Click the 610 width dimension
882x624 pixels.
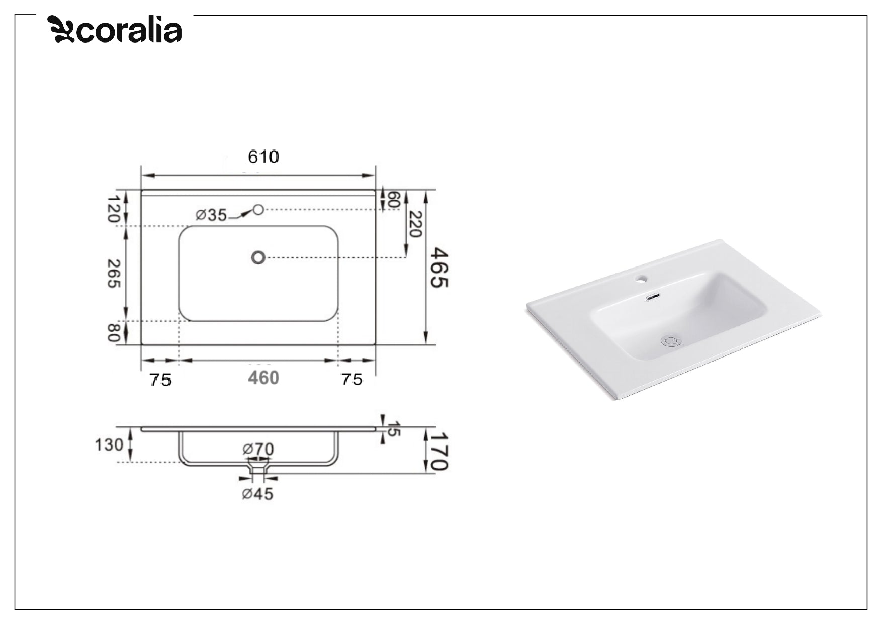(x=263, y=157)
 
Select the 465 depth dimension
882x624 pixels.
(x=438, y=267)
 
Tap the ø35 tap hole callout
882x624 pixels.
(x=212, y=215)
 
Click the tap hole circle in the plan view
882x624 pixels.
(x=258, y=209)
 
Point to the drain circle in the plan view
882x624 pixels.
(x=258, y=257)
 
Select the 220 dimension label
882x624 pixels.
(x=415, y=224)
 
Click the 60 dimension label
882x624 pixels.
(x=394, y=199)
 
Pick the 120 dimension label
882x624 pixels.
(x=114, y=209)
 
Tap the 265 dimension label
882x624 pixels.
(x=114, y=273)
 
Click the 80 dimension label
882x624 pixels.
(x=114, y=332)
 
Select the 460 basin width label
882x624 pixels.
(x=263, y=378)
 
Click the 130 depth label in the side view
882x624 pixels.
(x=109, y=444)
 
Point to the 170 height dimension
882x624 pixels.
(x=439, y=451)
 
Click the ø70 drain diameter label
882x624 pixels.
(x=258, y=449)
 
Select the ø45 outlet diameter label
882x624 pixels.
(x=257, y=494)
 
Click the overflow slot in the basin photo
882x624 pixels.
(x=653, y=297)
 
